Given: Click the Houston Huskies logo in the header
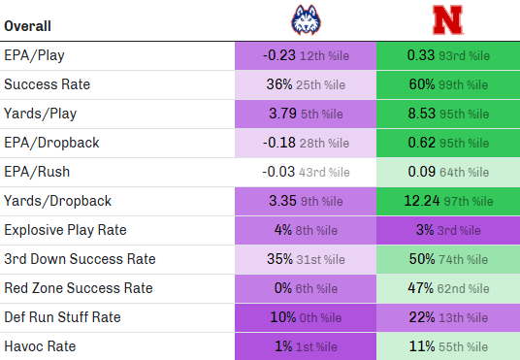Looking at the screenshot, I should click(305, 19).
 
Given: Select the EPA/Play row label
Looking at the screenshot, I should click(34, 56).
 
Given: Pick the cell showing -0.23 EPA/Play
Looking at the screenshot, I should click(305, 56).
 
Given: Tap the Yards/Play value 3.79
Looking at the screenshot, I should click(305, 114).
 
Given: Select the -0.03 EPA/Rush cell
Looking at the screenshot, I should click(305, 172).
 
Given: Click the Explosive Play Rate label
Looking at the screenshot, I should click(65, 230).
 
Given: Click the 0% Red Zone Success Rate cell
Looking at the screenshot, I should click(305, 288).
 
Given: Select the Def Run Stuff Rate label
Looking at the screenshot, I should click(62, 317).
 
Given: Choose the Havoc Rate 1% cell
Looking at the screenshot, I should click(305, 346).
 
